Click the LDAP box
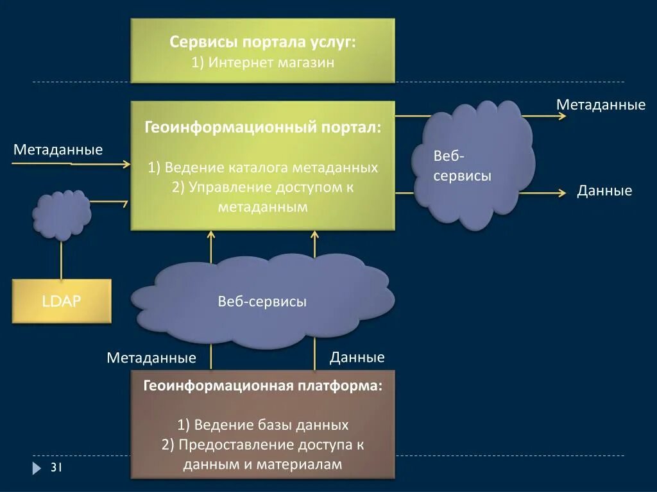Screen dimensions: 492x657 pos(62,301)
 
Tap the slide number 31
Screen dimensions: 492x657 pos(56,468)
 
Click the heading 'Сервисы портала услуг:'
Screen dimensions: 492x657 pos(262,42)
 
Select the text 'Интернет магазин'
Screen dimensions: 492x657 pos(271,63)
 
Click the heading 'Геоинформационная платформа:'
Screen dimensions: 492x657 pos(262,386)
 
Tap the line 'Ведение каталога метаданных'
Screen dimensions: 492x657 pos(262,168)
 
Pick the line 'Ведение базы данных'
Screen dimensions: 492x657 pos(263,425)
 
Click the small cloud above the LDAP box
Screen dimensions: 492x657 pos(62,215)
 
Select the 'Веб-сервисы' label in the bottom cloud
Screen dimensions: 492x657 pos(262,302)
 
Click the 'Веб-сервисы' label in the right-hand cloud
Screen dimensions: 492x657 pos(462,166)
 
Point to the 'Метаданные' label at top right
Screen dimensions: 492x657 pos(601,104)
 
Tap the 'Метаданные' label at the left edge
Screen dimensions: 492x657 pos(58,150)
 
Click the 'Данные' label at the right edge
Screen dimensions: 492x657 pos(604,191)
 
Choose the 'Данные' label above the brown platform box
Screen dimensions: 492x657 pos(357,357)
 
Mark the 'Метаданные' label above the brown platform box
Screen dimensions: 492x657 pos(151,357)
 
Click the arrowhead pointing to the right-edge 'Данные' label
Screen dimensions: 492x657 pos(562,192)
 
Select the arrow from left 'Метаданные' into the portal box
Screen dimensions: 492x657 pos(71,164)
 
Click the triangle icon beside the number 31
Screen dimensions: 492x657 pos(37,468)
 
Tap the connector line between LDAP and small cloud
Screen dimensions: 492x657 pos(62,259)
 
